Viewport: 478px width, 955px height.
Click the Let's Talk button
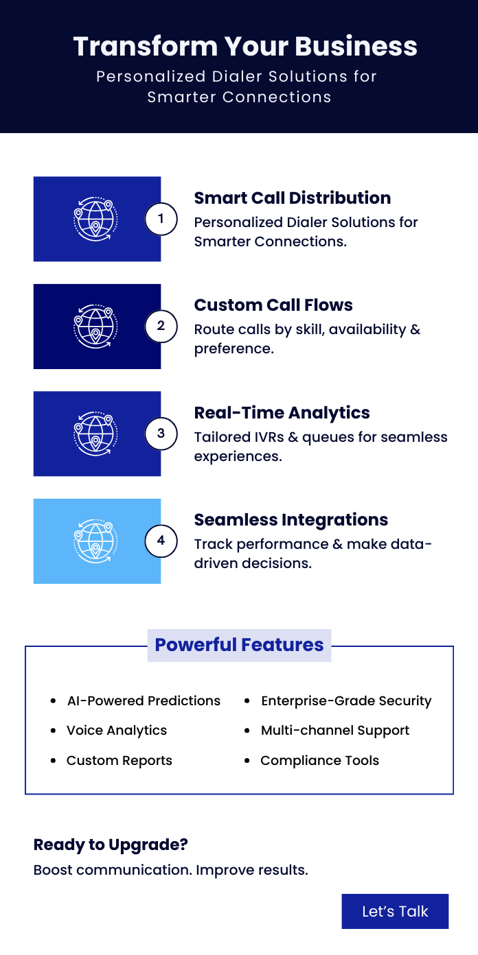pyautogui.click(x=395, y=911)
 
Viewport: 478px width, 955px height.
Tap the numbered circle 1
pyautogui.click(x=161, y=219)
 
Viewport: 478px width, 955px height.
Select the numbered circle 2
pyautogui.click(x=161, y=326)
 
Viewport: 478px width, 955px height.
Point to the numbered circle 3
pyautogui.click(x=161, y=434)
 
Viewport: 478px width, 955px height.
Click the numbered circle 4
pyautogui.click(x=161, y=541)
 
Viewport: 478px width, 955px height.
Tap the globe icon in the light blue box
pyautogui.click(x=96, y=541)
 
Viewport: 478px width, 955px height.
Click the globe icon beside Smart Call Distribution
pyautogui.click(x=96, y=219)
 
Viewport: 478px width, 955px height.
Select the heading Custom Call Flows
pyautogui.click(x=273, y=305)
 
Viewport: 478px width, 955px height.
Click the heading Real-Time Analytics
pyautogui.click(x=282, y=412)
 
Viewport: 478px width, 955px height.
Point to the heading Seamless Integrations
pyautogui.click(x=291, y=520)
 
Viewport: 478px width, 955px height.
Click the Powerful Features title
pyautogui.click(x=239, y=645)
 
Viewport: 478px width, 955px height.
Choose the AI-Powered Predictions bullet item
pyautogui.click(x=144, y=701)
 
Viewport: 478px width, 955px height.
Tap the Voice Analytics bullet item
pyautogui.click(x=117, y=731)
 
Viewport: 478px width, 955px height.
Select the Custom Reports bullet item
pyautogui.click(x=119, y=761)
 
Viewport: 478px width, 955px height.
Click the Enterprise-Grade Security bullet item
pyautogui.click(x=346, y=701)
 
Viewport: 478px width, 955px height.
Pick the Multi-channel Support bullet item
pyautogui.click(x=335, y=731)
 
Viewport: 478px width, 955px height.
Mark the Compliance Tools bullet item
pyautogui.click(x=319, y=761)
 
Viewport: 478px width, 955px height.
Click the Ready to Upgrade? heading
pyautogui.click(x=111, y=845)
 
